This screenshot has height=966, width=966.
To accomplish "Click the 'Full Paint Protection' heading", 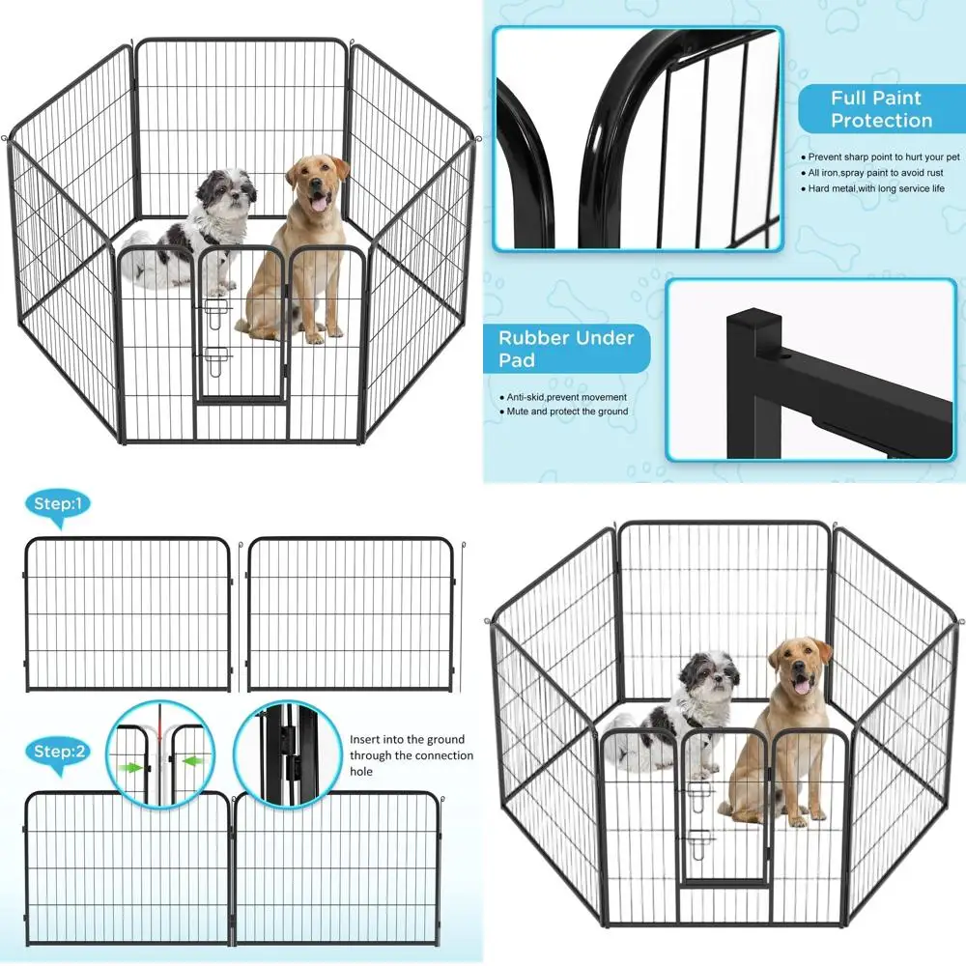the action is (882, 109).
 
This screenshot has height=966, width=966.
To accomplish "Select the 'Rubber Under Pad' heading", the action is (565, 349).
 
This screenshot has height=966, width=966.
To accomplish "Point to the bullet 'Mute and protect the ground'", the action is (563, 412).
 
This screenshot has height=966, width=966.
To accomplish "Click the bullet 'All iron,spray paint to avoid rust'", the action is (871, 173).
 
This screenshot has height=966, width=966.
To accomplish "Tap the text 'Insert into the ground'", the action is (408, 739).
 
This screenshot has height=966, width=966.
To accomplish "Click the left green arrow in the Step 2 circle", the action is (130, 768).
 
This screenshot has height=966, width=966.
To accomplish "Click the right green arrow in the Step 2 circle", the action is (193, 761).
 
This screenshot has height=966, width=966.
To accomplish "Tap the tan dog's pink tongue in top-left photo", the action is (318, 202).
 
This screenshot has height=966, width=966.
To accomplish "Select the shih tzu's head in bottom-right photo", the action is (710, 673).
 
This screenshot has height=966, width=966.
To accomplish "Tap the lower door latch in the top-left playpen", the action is (215, 361).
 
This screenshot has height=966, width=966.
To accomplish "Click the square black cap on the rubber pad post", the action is (754, 323).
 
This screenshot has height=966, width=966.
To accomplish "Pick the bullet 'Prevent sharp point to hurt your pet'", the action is (880, 157).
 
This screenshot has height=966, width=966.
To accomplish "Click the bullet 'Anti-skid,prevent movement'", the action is (563, 397).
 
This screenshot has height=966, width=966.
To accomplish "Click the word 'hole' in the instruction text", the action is (361, 771).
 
